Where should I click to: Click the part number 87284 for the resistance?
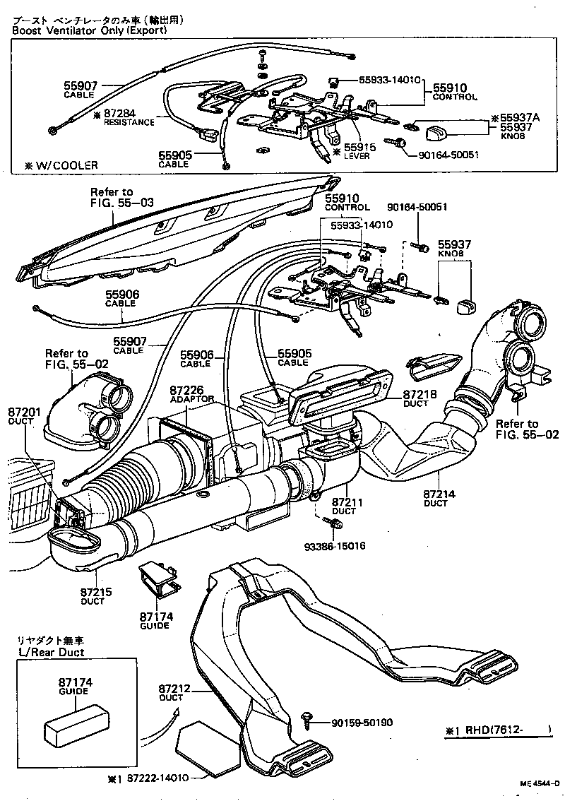(119, 112)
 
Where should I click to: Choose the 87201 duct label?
(22, 412)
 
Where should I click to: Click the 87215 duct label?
(92, 592)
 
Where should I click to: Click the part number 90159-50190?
(362, 723)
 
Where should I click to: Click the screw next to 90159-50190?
(308, 717)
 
